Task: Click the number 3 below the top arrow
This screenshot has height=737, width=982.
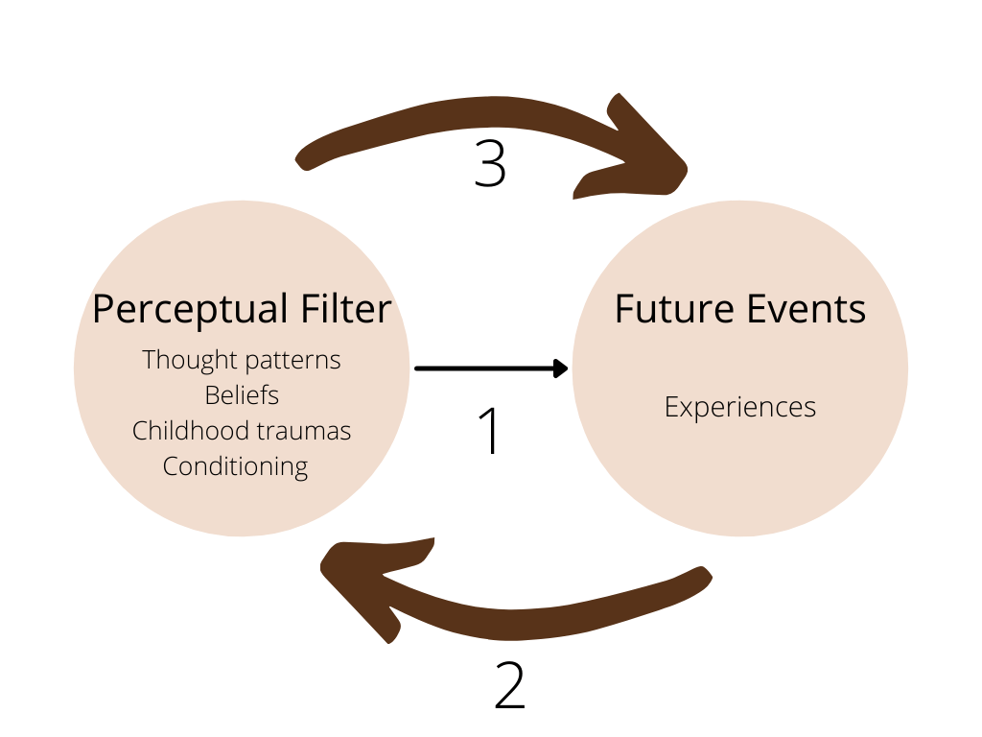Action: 490,162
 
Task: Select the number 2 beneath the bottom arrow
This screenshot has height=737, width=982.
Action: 509,683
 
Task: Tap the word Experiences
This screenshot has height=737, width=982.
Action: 739,407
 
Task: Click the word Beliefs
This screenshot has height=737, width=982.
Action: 242,395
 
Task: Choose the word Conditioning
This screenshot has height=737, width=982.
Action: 235,466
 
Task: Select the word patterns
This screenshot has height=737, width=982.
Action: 292,361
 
